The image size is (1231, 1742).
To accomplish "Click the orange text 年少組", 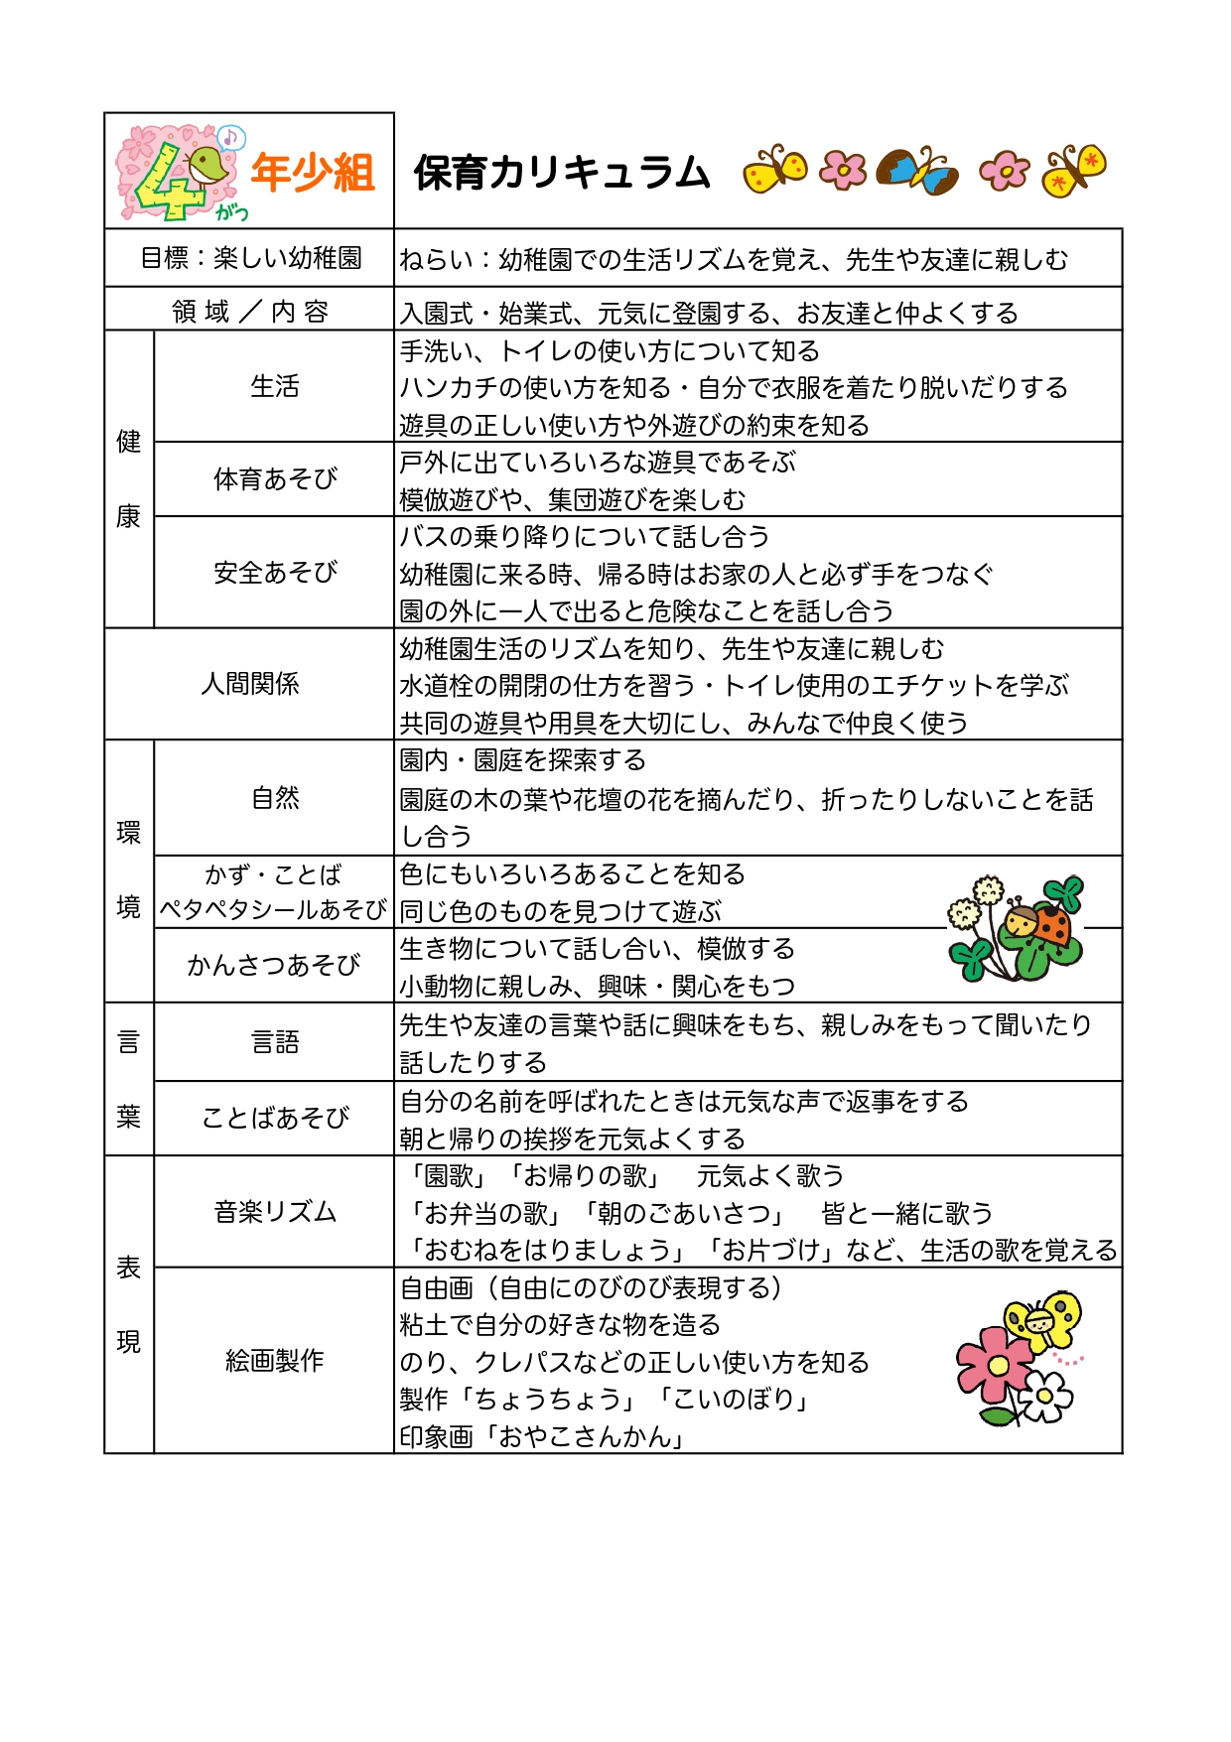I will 312,173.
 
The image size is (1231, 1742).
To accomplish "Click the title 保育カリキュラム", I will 562,173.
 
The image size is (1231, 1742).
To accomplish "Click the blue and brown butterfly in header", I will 919,171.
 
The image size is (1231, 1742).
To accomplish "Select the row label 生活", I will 274,386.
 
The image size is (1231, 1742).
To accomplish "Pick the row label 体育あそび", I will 274,479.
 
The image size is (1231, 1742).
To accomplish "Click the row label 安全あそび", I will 274,572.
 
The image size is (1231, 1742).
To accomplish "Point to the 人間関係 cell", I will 249,684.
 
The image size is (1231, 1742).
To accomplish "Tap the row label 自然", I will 274,797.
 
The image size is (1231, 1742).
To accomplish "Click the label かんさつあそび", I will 273,965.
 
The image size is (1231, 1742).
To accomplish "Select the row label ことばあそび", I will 274,1118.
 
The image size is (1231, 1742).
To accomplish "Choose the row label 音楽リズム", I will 274,1211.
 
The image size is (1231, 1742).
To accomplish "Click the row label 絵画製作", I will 274,1360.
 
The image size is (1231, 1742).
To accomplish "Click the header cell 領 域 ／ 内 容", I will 249,312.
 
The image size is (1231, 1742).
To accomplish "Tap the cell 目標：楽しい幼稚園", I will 249,258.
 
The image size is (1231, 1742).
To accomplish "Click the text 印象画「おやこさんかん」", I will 542,1436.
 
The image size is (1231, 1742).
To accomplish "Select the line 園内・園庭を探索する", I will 522,760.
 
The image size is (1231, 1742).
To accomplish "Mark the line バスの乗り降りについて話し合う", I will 585,537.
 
